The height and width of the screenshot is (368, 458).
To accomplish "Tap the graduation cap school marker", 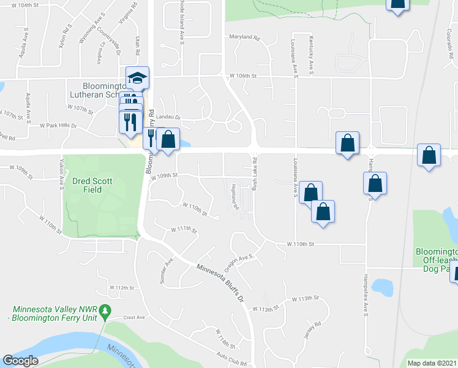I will coord(137,79).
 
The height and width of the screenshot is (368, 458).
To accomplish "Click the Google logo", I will coord(20,361).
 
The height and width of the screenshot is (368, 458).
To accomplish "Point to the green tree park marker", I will coord(105,311).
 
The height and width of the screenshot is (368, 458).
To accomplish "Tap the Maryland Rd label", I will coord(244,37).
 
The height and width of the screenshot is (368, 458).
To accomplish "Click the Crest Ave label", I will coord(133,318).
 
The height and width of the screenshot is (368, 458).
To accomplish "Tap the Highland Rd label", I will coord(234,197).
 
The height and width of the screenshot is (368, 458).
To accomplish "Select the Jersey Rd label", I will coord(312,331).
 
